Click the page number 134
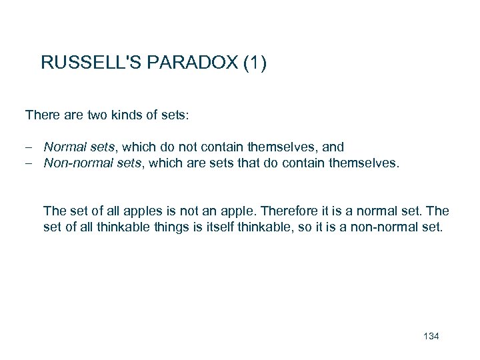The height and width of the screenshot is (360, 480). coord(431,335)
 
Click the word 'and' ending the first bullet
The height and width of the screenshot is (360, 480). coord(333,146)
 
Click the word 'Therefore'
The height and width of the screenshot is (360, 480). coord(293,211)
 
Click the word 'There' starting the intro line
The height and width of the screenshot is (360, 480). coord(41,115)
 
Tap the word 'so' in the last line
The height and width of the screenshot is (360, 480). coord(307,227)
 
